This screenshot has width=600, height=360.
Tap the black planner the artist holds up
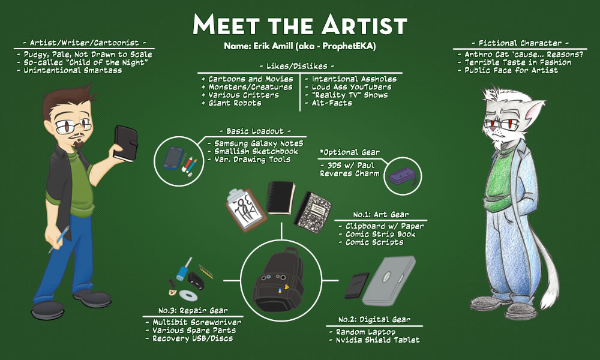[126, 143]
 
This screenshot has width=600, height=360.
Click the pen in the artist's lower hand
[59, 239]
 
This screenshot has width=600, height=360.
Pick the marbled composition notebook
[313, 212]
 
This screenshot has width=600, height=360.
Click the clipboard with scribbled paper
[245, 209]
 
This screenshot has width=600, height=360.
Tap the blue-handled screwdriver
[184, 269]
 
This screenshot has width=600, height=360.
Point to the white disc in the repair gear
[188, 295]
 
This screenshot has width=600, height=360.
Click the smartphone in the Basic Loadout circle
[173, 158]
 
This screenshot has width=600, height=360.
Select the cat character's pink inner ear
[534, 110]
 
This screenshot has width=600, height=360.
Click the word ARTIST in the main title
[364, 25]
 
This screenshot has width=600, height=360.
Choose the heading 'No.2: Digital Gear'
[374, 319]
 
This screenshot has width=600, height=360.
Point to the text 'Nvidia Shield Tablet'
[377, 340]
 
